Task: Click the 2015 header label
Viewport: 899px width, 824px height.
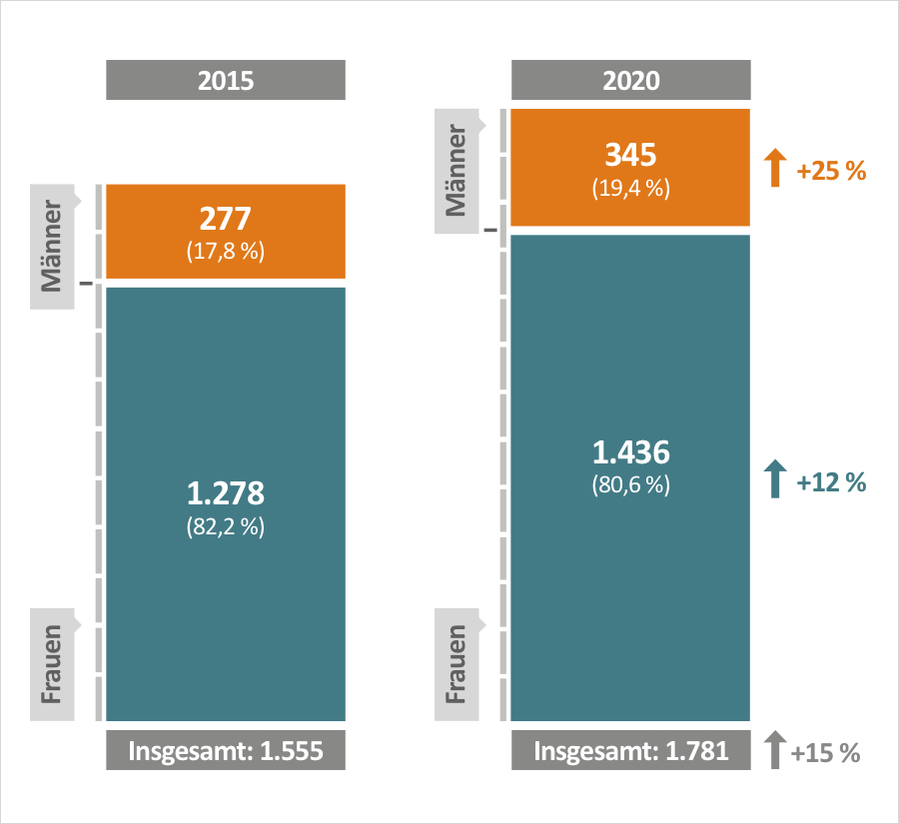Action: (226, 80)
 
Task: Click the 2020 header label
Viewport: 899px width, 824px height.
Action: (631, 80)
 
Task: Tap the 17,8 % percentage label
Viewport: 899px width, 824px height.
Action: (226, 252)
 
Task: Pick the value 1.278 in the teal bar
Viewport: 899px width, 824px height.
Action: (226, 493)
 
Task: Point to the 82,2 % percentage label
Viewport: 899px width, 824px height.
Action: (226, 526)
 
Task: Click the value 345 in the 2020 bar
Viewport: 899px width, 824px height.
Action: (631, 156)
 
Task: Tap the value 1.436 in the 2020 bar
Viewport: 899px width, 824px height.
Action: (631, 453)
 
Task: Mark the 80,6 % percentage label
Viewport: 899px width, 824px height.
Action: (631, 486)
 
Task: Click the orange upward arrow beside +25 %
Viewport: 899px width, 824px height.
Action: (775, 169)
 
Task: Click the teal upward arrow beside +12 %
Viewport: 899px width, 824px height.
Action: (775, 480)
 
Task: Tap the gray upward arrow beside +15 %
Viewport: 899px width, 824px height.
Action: (773, 750)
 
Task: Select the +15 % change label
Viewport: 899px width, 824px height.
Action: (825, 752)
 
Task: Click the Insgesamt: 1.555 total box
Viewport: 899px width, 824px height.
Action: (226, 751)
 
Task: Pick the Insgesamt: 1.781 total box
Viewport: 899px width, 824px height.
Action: (631, 751)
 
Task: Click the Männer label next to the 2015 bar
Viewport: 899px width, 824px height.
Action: (53, 246)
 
